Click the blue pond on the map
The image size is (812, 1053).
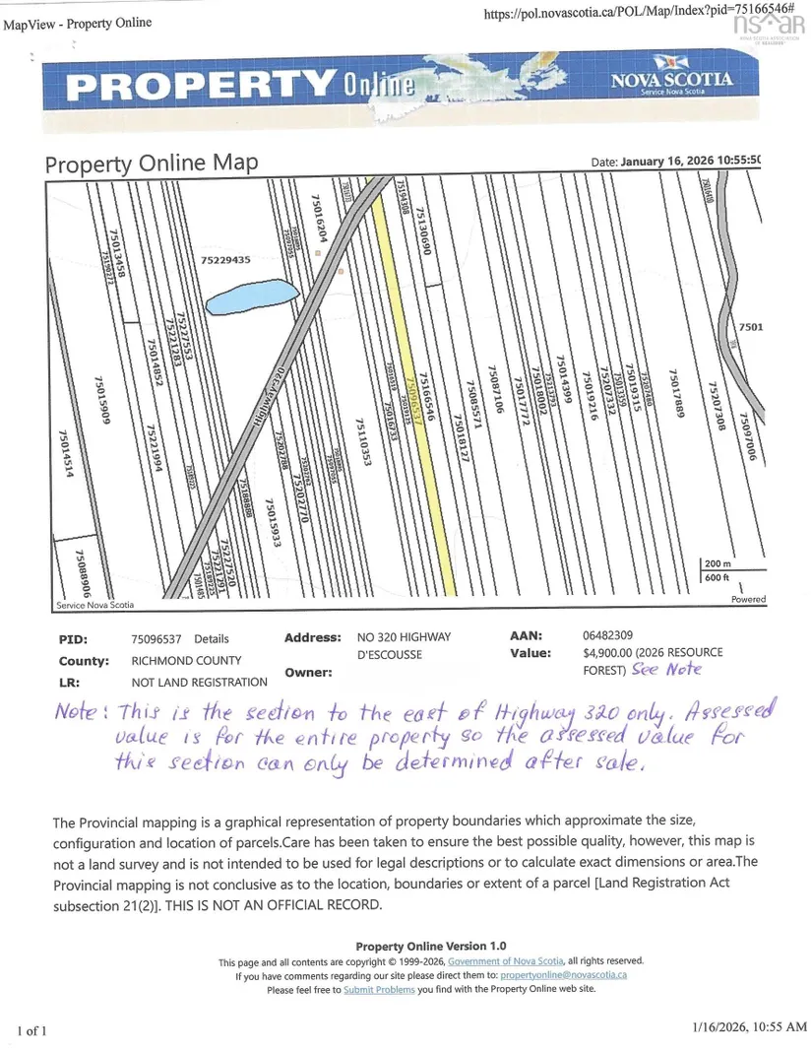250,297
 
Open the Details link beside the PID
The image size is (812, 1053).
212,638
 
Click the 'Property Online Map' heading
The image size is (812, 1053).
152,164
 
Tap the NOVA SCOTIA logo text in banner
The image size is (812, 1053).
671,80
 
